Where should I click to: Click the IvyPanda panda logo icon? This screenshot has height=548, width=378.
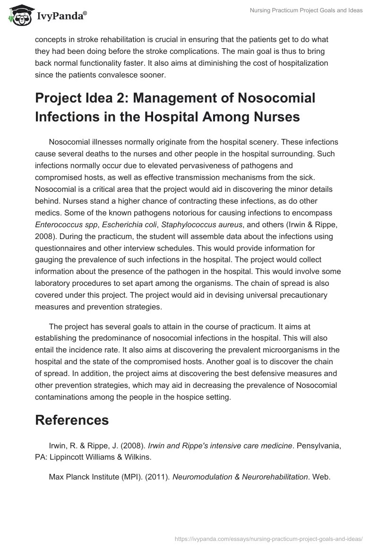click(x=18, y=15)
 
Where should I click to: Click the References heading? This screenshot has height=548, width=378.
click(x=72, y=420)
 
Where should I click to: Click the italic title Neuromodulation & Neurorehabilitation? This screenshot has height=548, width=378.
click(x=240, y=477)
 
